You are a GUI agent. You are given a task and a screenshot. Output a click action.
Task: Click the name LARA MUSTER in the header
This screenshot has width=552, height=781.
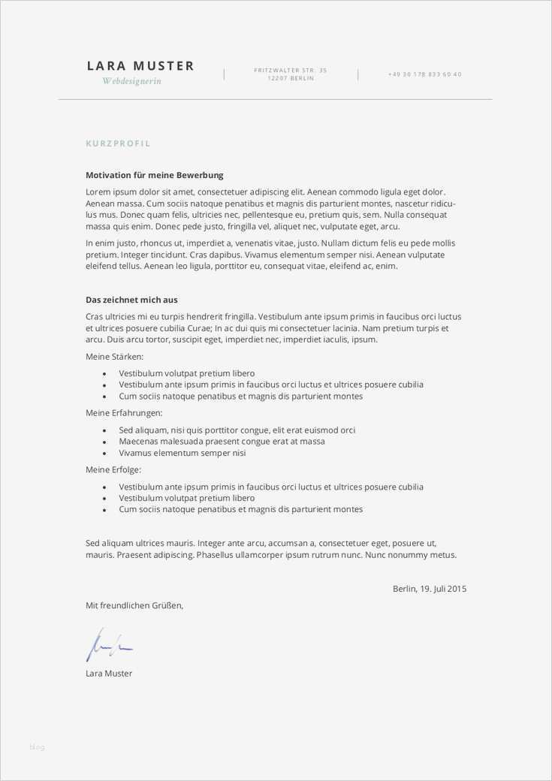(140, 66)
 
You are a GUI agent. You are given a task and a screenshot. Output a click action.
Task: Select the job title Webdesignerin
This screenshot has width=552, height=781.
(131, 81)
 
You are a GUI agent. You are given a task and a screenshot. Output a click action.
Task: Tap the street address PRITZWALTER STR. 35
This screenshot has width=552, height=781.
(291, 70)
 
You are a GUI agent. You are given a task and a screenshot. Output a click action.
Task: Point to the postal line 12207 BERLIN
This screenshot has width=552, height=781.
(291, 78)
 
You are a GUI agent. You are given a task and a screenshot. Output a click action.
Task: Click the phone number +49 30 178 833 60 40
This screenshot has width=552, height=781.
(424, 74)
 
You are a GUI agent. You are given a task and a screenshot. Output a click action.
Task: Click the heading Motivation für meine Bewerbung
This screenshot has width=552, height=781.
(154, 175)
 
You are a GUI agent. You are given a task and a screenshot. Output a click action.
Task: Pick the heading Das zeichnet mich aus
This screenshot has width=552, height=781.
(131, 300)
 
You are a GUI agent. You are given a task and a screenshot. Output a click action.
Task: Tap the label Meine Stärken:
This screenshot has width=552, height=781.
(114, 356)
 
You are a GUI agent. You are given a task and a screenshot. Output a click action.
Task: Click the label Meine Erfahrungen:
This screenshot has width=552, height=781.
(123, 413)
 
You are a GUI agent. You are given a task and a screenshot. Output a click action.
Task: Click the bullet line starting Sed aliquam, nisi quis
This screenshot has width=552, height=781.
(237, 430)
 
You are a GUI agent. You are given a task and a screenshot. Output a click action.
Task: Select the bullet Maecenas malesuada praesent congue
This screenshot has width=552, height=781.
(222, 442)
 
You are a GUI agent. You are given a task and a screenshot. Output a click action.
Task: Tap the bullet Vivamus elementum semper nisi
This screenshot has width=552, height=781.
(182, 453)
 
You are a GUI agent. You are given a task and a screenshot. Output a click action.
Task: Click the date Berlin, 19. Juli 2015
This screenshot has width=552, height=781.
(429, 589)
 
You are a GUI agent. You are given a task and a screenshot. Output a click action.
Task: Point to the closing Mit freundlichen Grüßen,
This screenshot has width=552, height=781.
(134, 605)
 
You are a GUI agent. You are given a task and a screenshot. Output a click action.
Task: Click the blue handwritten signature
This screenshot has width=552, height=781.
(109, 645)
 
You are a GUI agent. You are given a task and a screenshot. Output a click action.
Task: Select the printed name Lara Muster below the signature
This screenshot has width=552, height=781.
(109, 674)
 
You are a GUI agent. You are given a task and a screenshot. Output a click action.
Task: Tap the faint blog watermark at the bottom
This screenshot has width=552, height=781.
(37, 746)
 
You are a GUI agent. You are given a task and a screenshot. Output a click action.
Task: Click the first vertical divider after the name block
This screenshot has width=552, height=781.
(224, 74)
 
